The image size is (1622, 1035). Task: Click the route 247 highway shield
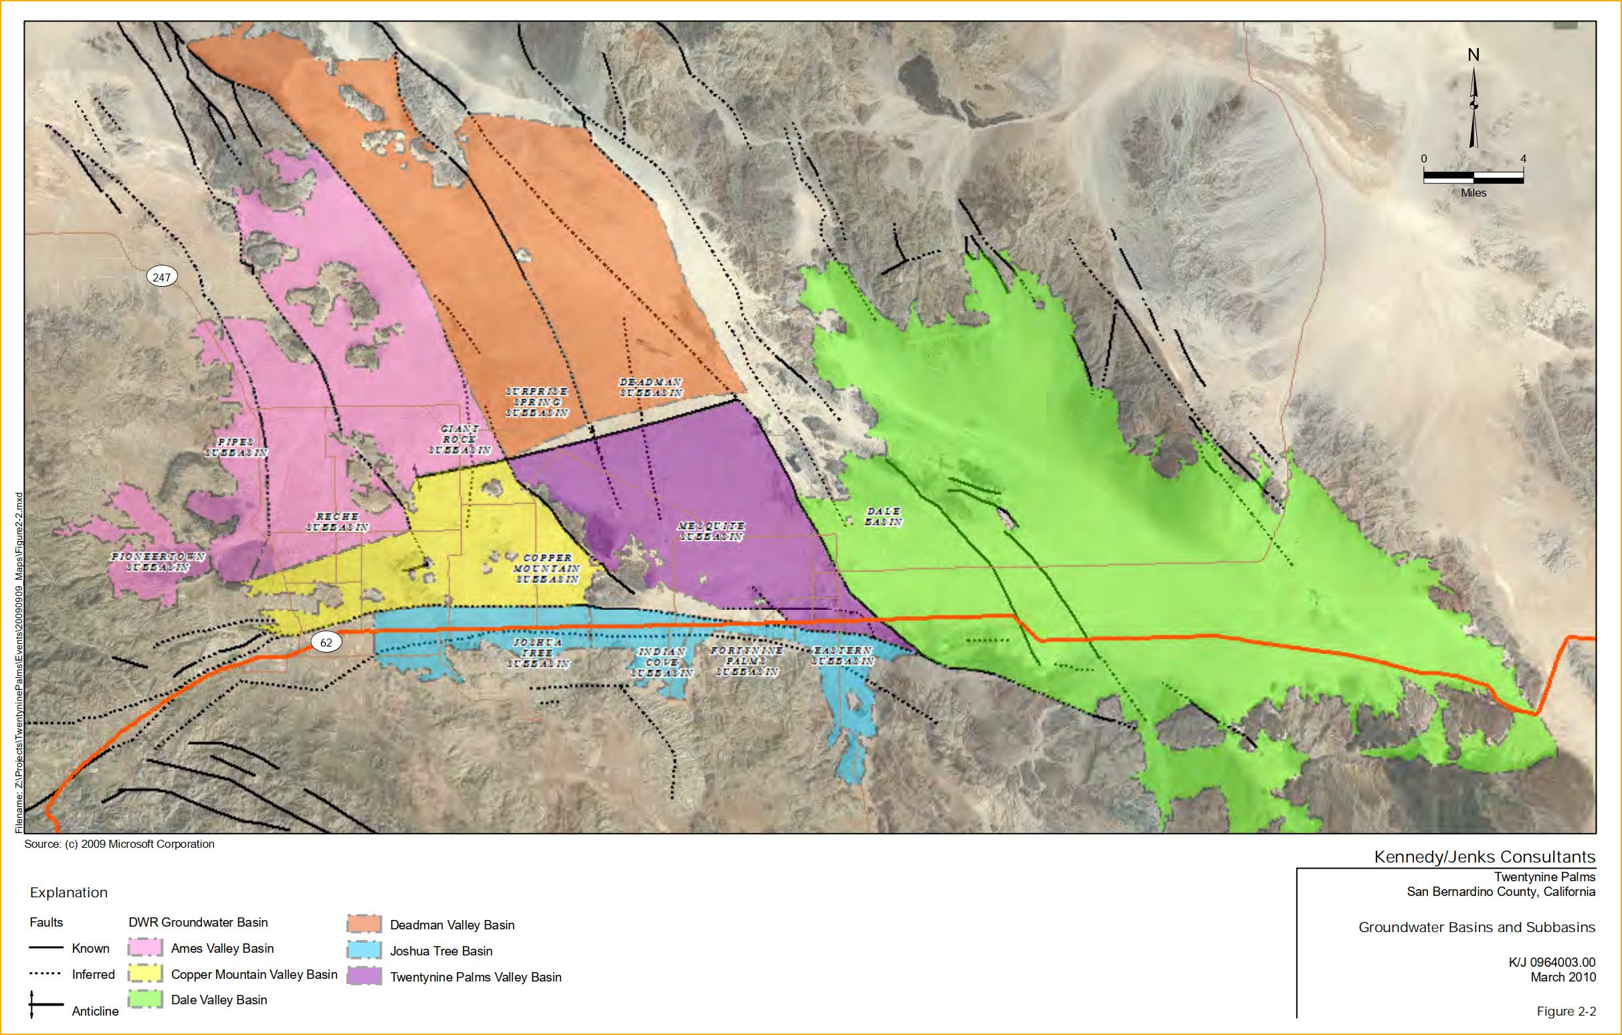pos(162,277)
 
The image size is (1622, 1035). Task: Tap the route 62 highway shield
pos(326,643)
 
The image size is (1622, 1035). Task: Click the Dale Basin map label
pos(883,516)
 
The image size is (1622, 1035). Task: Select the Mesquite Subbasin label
pos(711,531)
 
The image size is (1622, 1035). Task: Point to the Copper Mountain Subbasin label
pos(547,568)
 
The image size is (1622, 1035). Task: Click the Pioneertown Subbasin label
pos(159,562)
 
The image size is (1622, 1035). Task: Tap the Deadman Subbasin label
pos(651,387)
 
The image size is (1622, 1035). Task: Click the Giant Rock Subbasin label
pos(460,439)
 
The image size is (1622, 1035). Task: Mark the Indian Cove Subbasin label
pos(662,662)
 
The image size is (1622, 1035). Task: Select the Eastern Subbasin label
pos(843,656)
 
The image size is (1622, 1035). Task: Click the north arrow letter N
pos(1473,55)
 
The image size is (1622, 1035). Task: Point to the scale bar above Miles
pos(1473,177)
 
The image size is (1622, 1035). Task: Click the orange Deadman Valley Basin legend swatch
pos(365,925)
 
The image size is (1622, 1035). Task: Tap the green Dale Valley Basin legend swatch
pos(146,1000)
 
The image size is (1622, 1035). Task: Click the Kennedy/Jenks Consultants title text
pos(1485,856)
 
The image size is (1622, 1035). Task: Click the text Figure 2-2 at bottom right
pos(1566,1012)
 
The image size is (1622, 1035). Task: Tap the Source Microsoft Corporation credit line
pos(119,844)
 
